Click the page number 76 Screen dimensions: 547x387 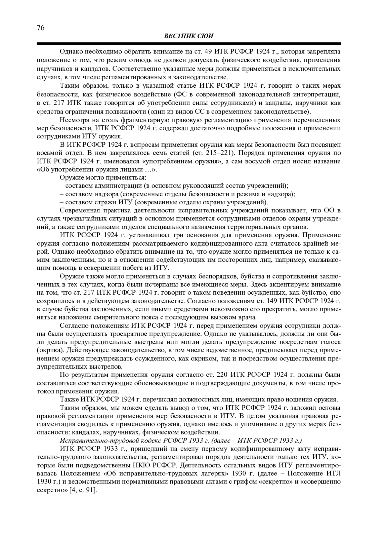click(40, 28)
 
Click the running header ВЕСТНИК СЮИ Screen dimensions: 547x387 click(189, 36)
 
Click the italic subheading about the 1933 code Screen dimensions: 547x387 click(181, 440)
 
